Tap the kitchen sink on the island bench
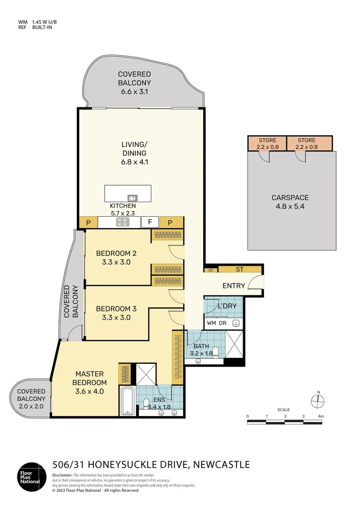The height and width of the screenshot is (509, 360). [132, 198]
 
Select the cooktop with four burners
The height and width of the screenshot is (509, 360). [123, 222]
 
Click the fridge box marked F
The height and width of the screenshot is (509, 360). [150, 222]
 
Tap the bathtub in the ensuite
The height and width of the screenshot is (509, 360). [127, 401]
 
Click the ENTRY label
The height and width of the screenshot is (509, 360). [234, 286]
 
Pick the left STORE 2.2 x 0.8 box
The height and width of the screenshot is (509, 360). [267, 143]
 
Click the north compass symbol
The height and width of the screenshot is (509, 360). [318, 400]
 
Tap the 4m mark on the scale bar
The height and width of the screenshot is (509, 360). [321, 417]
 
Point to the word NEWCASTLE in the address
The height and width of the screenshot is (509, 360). [221, 465]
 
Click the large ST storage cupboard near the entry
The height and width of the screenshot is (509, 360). [239, 270]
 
